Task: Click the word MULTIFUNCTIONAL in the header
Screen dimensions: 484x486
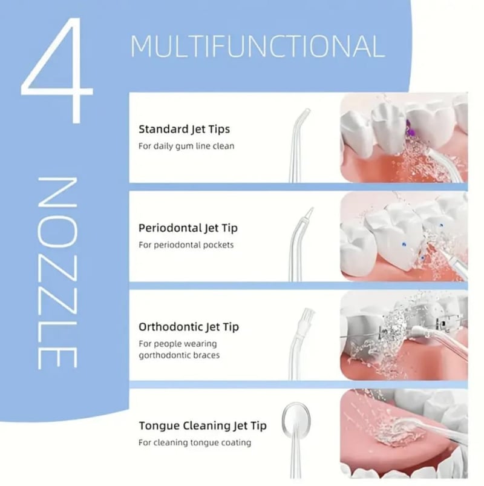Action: point(258,47)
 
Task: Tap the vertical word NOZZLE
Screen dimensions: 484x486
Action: point(57,273)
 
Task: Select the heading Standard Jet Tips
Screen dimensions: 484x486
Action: point(184,130)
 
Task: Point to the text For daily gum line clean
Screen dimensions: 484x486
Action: point(186,146)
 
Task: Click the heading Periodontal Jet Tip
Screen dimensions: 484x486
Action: point(188,228)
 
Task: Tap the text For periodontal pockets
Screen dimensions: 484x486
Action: point(186,245)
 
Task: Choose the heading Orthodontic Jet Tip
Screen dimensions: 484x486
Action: point(189,327)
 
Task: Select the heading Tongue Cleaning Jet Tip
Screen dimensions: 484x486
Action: point(203,426)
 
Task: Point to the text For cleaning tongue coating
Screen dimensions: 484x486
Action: point(195,442)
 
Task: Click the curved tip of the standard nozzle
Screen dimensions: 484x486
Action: point(303,114)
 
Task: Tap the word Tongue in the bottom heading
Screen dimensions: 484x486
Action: point(159,427)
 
